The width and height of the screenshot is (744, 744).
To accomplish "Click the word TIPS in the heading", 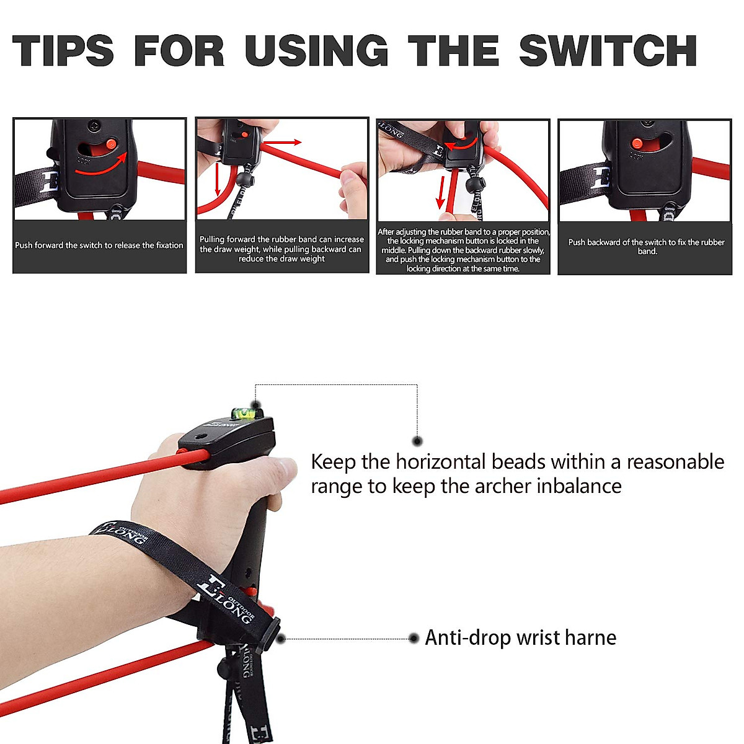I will (63, 51).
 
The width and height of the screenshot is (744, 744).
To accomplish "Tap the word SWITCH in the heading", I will (608, 51).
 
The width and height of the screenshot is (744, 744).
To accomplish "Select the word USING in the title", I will (316, 51).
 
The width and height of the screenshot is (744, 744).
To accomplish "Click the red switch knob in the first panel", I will (112, 144).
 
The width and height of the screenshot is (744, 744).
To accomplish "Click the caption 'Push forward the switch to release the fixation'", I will (99, 246).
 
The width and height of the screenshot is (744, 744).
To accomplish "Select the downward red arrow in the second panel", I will (218, 180).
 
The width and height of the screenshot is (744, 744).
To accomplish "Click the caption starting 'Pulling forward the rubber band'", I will (281, 249).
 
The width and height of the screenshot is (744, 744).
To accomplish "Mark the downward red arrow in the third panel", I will (441, 192).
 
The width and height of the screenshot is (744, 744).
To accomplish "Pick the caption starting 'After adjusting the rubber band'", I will (463, 250).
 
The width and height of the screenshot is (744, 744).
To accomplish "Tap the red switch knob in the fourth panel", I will (636, 143).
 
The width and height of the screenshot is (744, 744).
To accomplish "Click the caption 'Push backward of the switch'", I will (646, 246).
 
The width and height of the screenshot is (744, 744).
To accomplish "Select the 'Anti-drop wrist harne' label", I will (520, 638).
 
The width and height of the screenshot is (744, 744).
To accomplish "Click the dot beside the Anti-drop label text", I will (414, 638).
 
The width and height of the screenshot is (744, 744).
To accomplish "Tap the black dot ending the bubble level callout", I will (417, 441).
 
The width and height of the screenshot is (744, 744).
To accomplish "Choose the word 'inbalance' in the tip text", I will (579, 486).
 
